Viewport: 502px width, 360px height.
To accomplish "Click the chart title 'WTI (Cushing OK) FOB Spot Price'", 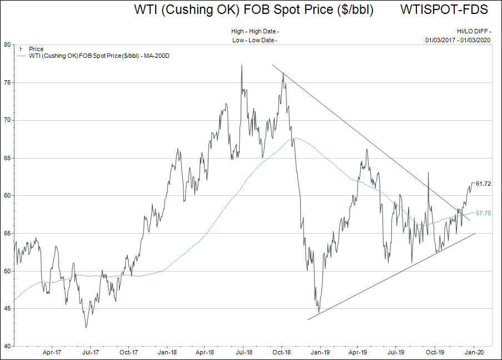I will click(254, 10).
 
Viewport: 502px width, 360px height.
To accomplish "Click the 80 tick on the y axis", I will click(7, 45).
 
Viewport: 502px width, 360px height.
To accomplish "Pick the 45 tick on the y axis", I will click(7, 309).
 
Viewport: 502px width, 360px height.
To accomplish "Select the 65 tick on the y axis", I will click(7, 158).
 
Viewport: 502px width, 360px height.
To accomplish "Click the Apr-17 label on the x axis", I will click(51, 352).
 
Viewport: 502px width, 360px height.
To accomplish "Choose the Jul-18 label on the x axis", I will click(243, 352).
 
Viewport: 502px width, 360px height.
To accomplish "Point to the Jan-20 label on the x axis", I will click(473, 352).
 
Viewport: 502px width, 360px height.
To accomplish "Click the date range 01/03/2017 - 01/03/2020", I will click(458, 40).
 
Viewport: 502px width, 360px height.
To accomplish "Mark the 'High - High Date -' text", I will click(255, 32).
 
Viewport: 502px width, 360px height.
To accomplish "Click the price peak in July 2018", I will click(242, 65).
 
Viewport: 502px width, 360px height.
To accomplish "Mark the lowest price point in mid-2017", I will click(86, 327).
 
